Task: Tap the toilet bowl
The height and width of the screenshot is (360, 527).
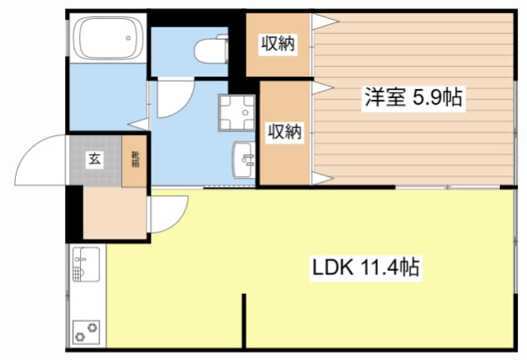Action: [x=211, y=50]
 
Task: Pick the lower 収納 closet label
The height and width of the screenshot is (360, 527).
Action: [x=285, y=132]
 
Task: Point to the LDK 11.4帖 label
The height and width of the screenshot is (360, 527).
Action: [x=364, y=268]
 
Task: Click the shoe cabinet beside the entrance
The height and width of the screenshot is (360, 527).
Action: [x=135, y=160]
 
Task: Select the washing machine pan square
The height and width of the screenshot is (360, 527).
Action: [x=237, y=112]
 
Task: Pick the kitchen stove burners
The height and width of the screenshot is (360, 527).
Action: [x=86, y=331]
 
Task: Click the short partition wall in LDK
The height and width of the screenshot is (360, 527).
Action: [x=244, y=321]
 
